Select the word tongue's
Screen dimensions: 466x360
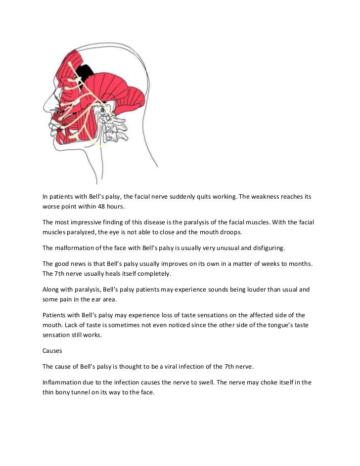tap(263, 326)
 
